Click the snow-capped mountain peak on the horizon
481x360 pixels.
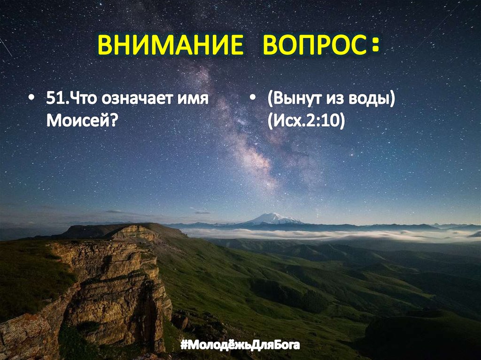[272, 217]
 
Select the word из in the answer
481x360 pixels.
[336, 101]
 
